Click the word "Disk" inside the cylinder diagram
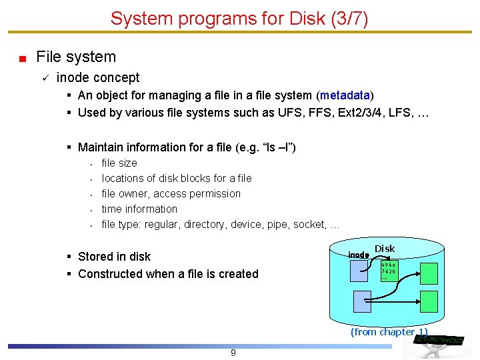point(385,249)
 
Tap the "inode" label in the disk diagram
point(358,255)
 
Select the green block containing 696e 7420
point(389,271)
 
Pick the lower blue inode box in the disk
point(362,302)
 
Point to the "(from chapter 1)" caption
point(389,332)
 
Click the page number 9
point(233,353)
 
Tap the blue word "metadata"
point(345,95)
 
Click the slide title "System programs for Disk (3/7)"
point(239,18)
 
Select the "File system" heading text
point(76,57)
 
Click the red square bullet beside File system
point(22,59)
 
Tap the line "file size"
point(119,163)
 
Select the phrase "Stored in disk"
point(114,257)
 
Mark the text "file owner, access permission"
point(171,193)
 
